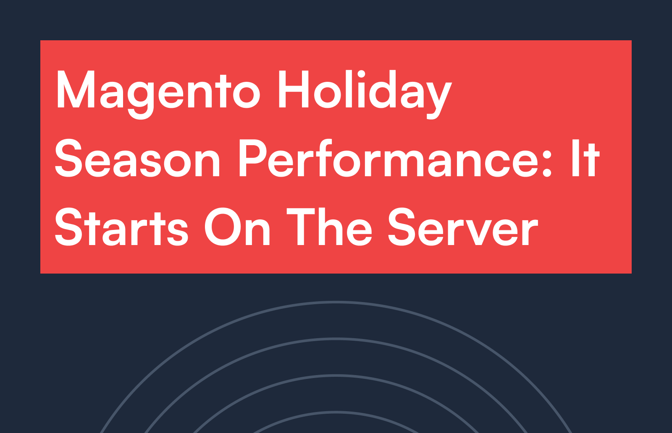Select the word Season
pyautogui.click(x=137, y=158)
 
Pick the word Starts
pyautogui.click(x=121, y=227)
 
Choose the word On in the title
pyautogui.click(x=237, y=227)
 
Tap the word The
pyautogui.click(x=329, y=227)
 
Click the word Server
pyautogui.click(x=463, y=227)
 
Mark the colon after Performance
pyautogui.click(x=547, y=164)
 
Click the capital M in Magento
pyautogui.click(x=75, y=89)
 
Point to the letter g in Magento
pyautogui.click(x=141, y=99)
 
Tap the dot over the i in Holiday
pyautogui.click(x=361, y=74)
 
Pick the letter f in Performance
pyautogui.click(x=324, y=158)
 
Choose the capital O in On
pyautogui.click(x=222, y=227)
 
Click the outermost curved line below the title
pyautogui.click(x=336, y=302)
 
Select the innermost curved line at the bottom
pyautogui.click(x=336, y=412)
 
